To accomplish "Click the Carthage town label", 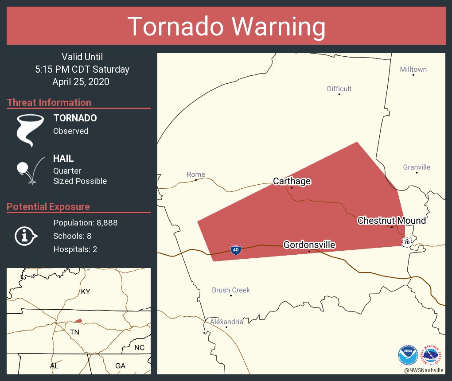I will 292,181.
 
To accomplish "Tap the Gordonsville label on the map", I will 309,245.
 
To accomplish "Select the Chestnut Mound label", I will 391,221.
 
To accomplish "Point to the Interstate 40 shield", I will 236,250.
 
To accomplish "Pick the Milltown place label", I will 413,69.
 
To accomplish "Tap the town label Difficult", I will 339,89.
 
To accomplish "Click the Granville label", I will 417,167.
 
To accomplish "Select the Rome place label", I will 196,175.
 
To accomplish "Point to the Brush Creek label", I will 231,290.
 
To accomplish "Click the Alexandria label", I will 226,322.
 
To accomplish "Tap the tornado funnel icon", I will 30,130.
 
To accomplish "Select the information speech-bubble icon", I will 26,236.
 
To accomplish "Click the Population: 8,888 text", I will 85,223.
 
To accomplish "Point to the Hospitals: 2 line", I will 75,249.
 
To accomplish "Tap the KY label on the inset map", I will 86,292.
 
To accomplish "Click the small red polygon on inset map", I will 78,320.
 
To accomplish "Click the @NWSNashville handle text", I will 424,370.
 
